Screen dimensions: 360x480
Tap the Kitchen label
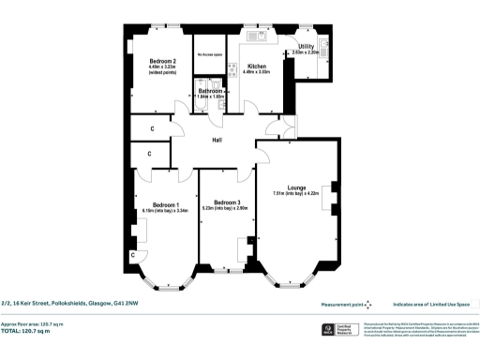pos(257,66)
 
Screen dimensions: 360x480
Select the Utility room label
pos(306,46)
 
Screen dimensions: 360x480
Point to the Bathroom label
pos(211,90)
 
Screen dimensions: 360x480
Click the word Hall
pos(216,141)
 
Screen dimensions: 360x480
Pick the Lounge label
pos(295,187)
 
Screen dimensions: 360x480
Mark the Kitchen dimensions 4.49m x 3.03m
pos(257,72)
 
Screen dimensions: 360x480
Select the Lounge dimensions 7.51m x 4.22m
pos(295,193)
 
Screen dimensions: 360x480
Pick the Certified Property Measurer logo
pos(329,329)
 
